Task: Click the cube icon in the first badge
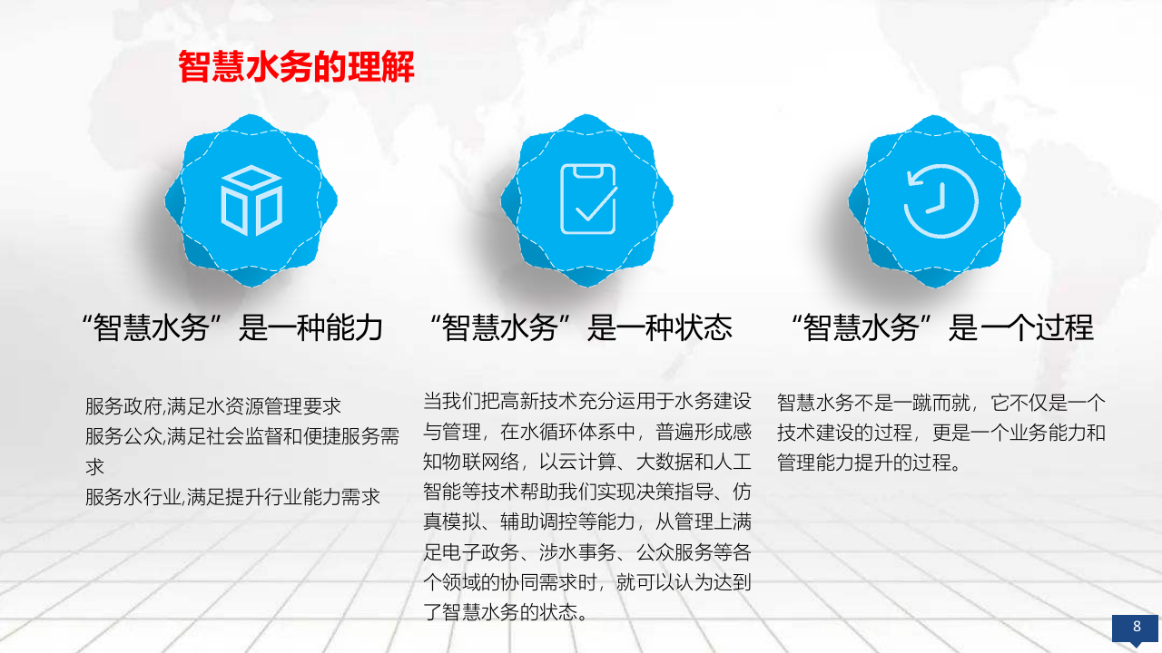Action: tap(251, 200)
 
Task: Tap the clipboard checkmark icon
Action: tap(587, 200)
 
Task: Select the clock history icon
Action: tap(940, 200)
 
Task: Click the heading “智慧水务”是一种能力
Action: tap(231, 327)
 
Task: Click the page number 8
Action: tap(1136, 626)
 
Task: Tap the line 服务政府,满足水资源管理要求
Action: tap(213, 406)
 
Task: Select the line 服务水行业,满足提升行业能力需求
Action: tap(232, 497)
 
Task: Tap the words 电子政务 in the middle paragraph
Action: tap(481, 551)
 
